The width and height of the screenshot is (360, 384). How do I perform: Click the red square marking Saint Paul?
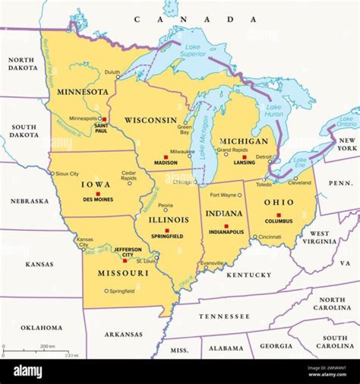click(104, 120)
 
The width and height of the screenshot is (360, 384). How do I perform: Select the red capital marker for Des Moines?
click(98, 194)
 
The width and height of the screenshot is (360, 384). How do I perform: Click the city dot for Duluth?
click(118, 77)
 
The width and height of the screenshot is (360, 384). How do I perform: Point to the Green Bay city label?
click(185, 130)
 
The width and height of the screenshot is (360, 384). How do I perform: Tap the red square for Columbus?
click(278, 215)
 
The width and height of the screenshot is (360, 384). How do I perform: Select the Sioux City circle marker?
click(52, 174)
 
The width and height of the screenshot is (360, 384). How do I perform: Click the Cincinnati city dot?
click(255, 237)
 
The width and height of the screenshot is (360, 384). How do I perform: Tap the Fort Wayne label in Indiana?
click(222, 195)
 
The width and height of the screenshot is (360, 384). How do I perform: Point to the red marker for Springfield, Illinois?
click(167, 230)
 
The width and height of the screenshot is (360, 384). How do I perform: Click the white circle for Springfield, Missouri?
click(106, 291)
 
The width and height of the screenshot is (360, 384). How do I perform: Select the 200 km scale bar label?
click(47, 346)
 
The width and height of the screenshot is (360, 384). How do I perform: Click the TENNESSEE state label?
click(224, 317)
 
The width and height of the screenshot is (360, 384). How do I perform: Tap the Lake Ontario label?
click(346, 121)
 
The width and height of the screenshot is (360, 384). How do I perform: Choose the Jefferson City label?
click(127, 252)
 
